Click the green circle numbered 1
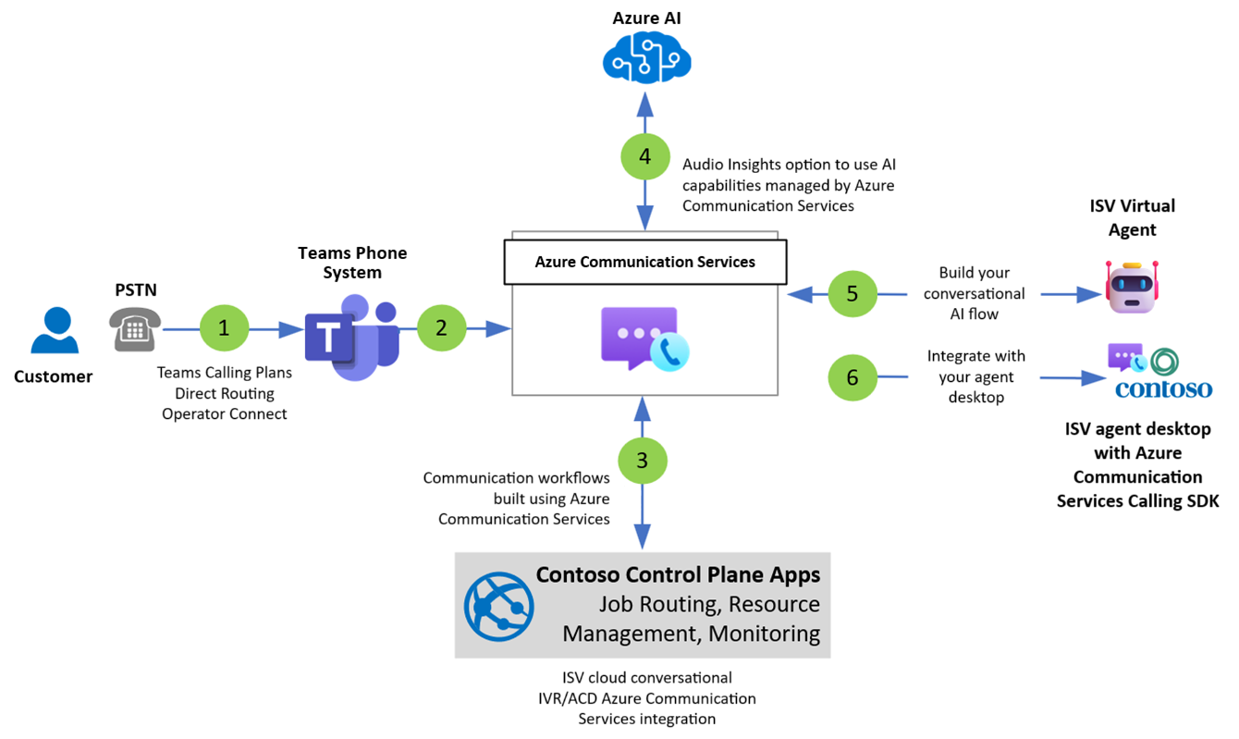(x=223, y=328)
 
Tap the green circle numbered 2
(x=441, y=327)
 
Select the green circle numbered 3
(x=643, y=459)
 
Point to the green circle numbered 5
(x=852, y=293)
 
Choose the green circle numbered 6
(x=852, y=376)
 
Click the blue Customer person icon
(x=54, y=332)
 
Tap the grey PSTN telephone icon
(x=136, y=329)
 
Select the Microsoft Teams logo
(x=352, y=330)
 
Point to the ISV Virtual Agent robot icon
(x=1132, y=286)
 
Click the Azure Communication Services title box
(x=644, y=262)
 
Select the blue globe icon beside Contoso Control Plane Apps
(x=499, y=606)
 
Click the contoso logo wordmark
(x=1163, y=388)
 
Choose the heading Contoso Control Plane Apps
(x=678, y=575)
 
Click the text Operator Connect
(x=225, y=413)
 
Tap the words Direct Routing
(x=225, y=393)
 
